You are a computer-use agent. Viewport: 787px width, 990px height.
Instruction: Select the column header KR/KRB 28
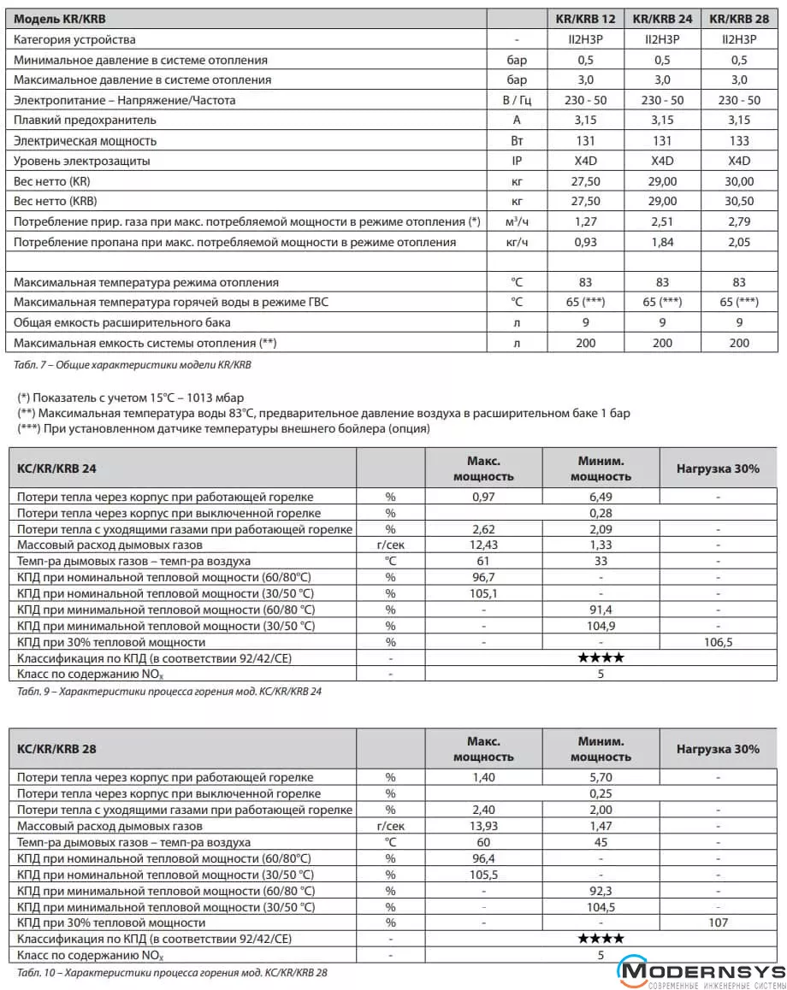coord(739,19)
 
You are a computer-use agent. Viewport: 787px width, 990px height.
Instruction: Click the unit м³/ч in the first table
coord(517,222)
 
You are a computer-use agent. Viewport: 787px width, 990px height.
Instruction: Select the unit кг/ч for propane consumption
coord(517,243)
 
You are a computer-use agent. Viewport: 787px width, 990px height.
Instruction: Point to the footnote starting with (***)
coord(223,429)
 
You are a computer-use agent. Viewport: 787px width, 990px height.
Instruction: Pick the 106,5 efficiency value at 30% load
coord(718,642)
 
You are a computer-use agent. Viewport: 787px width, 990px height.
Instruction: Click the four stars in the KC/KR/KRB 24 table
coord(601,658)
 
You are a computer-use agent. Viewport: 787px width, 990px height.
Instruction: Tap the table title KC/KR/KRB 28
coord(56,750)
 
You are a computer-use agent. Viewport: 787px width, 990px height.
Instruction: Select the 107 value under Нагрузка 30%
coord(718,923)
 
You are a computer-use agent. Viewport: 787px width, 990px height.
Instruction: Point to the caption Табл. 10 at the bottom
coord(172,973)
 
